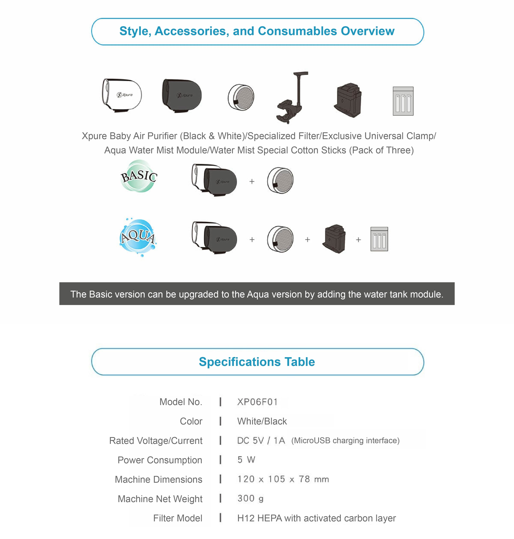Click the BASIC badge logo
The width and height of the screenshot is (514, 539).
click(x=139, y=176)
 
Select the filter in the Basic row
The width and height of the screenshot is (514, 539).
click(x=280, y=181)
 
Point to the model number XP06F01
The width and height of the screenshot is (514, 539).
click(x=257, y=402)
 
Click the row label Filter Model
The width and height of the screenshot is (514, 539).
click(x=178, y=518)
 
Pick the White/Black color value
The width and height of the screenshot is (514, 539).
click(x=262, y=421)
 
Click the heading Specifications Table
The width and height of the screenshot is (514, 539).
click(x=257, y=362)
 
